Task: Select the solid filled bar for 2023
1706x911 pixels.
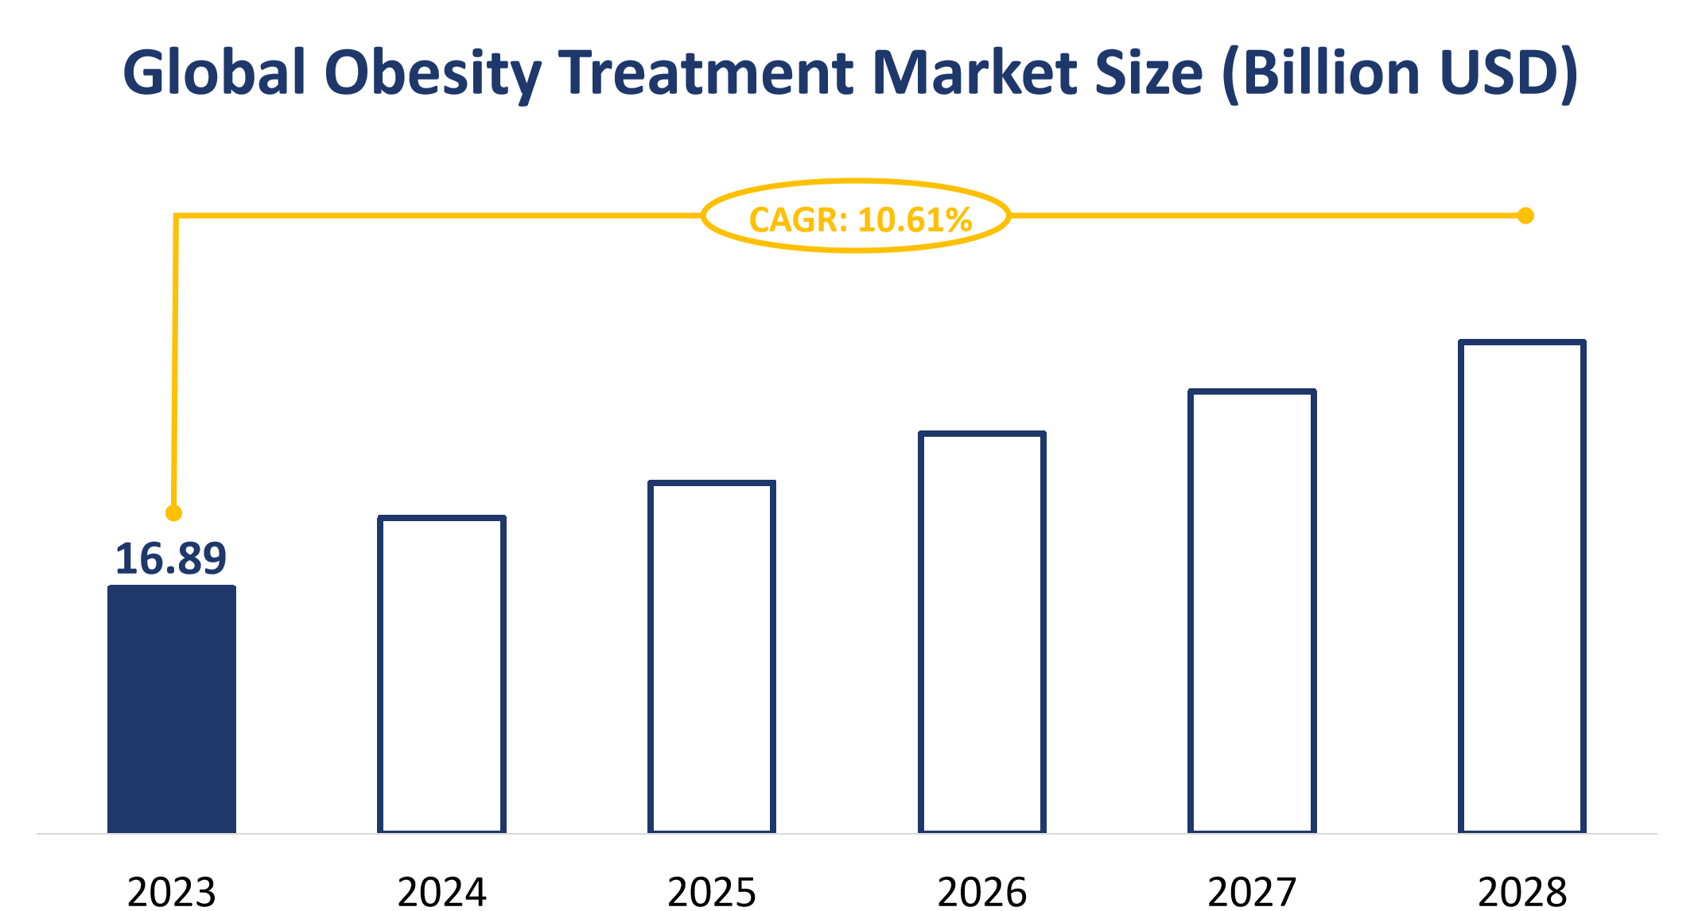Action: pos(172,710)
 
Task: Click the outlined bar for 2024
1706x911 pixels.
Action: pos(441,675)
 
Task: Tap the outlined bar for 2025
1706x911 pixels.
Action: pos(712,657)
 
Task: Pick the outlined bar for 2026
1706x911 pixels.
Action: pos(982,633)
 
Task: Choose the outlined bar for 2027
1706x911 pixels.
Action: pos(1252,611)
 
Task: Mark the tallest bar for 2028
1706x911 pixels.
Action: pos(1522,587)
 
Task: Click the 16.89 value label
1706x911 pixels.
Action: pos(171,559)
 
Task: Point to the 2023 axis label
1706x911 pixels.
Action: pos(172,891)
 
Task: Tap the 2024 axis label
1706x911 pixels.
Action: pos(441,891)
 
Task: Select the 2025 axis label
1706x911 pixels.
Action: pos(712,891)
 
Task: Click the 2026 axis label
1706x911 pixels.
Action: pos(982,891)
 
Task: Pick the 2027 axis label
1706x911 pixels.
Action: pos(1252,891)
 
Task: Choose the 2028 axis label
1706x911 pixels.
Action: pos(1522,891)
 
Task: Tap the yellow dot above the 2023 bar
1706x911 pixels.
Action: pos(173,513)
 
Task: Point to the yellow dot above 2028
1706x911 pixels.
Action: pos(1525,216)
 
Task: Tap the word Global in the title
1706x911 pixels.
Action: pos(215,73)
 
